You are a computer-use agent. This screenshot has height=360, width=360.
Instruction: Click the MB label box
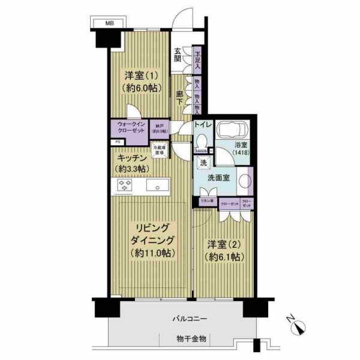click(x=109, y=23)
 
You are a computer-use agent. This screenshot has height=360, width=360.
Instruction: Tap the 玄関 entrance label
click(x=178, y=55)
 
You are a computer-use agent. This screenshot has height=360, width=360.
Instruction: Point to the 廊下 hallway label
click(x=179, y=98)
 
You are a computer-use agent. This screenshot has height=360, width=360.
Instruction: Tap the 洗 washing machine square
click(x=203, y=163)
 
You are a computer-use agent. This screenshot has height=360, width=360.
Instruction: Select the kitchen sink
click(x=157, y=186)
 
